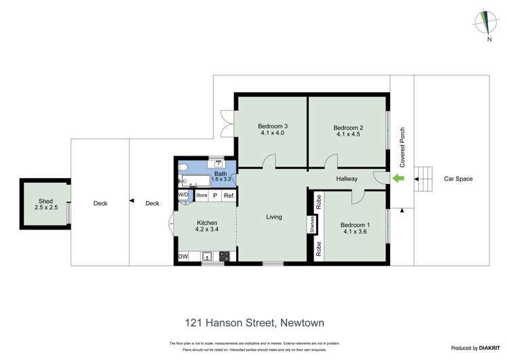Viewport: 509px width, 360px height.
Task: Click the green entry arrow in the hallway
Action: pyautogui.click(x=398, y=179)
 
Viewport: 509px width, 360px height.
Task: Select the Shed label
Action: pyautogui.click(x=45, y=201)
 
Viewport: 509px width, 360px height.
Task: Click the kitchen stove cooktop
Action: pyautogui.click(x=224, y=257)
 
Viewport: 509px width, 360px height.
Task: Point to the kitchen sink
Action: pyautogui.click(x=207, y=257)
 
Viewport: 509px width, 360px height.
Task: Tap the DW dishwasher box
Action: pyautogui.click(x=183, y=257)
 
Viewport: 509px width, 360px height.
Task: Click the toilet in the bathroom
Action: pyautogui.click(x=183, y=167)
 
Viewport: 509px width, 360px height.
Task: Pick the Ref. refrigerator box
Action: pyautogui.click(x=229, y=196)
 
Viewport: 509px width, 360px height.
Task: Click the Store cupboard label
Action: pyautogui.click(x=202, y=196)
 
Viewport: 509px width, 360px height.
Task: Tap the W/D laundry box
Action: pyautogui.click(x=183, y=196)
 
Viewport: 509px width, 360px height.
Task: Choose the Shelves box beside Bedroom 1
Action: pyautogui.click(x=312, y=225)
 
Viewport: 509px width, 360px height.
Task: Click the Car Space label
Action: pyautogui.click(x=458, y=179)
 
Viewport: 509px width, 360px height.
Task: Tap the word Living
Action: pyautogui.click(x=274, y=217)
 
